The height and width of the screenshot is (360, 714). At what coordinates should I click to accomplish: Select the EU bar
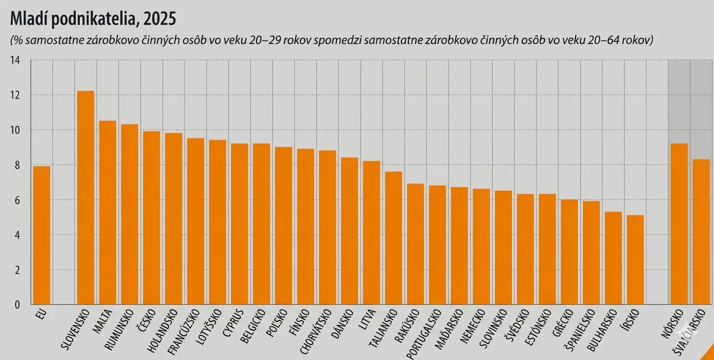pyautogui.click(x=42, y=235)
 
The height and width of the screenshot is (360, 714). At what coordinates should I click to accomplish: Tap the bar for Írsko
pyautogui.click(x=635, y=260)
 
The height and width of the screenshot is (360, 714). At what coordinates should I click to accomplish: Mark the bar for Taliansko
pyautogui.click(x=393, y=238)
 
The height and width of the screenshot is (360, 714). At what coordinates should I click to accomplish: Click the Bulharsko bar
pyautogui.click(x=613, y=258)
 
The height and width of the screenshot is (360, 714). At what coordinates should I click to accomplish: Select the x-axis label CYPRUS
pyautogui.click(x=233, y=322)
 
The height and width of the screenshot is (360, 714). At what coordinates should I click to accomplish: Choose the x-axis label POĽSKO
pyautogui.click(x=277, y=321)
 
